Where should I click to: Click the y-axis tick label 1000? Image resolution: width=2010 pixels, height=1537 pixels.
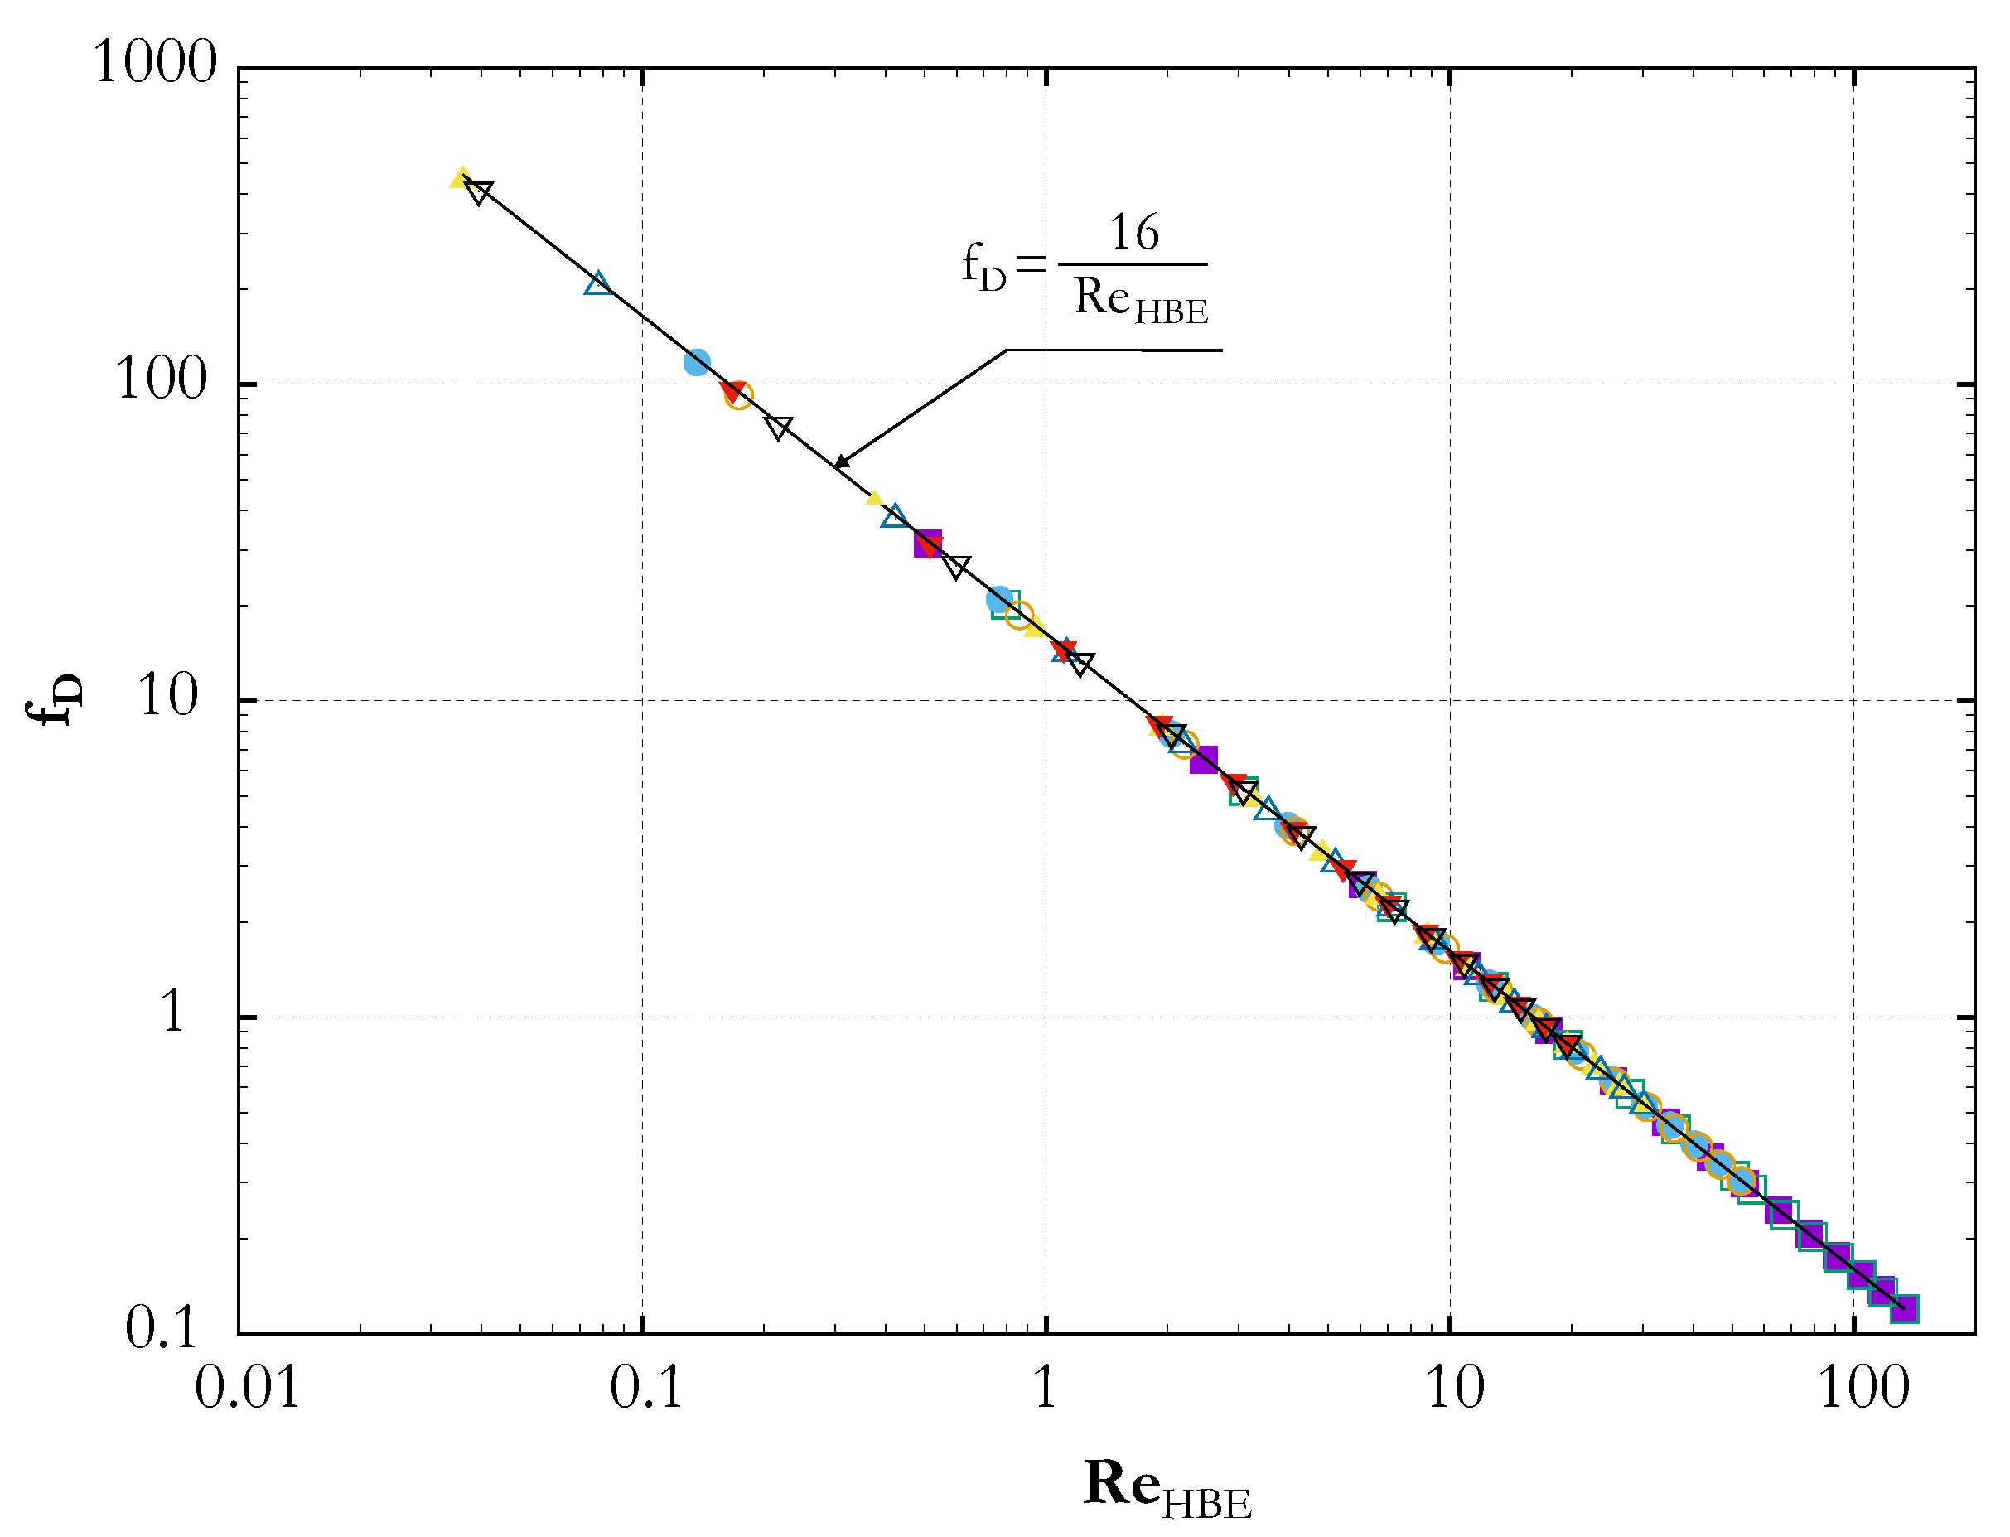pos(155,64)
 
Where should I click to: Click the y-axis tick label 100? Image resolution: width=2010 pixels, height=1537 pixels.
pos(162,379)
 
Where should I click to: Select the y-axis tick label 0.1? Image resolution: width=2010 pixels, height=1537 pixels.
pos(161,1328)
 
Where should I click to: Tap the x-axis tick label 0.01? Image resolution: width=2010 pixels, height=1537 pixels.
pos(247,1389)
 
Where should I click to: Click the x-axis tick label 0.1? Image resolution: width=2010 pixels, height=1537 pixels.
pos(646,1389)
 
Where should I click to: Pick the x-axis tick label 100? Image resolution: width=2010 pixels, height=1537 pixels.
pos(1863,1389)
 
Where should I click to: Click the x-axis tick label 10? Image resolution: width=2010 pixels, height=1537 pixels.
pos(1455,1389)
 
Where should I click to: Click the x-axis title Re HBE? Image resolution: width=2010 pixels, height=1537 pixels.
pos(1167,1486)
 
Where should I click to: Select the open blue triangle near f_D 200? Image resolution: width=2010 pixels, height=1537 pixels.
pos(598,284)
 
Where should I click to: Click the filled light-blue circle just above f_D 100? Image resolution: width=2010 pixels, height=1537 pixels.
pos(697,362)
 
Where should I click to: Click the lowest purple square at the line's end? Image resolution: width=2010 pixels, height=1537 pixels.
pos(1904,1308)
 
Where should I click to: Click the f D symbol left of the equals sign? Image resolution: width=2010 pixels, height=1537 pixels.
pos(983,266)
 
